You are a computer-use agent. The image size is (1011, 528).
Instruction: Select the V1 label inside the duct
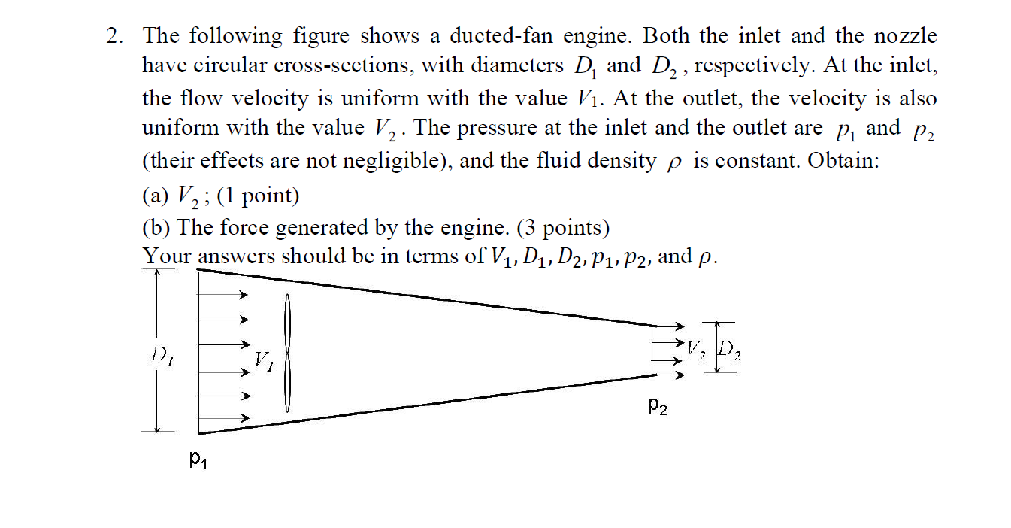point(264,360)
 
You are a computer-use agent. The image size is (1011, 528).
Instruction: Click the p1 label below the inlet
point(198,458)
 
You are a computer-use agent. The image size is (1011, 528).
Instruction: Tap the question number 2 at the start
point(114,36)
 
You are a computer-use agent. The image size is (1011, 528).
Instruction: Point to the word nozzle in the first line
point(906,36)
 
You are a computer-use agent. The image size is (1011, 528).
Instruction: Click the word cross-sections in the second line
point(343,66)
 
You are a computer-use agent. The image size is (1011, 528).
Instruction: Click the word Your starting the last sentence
point(167,256)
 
